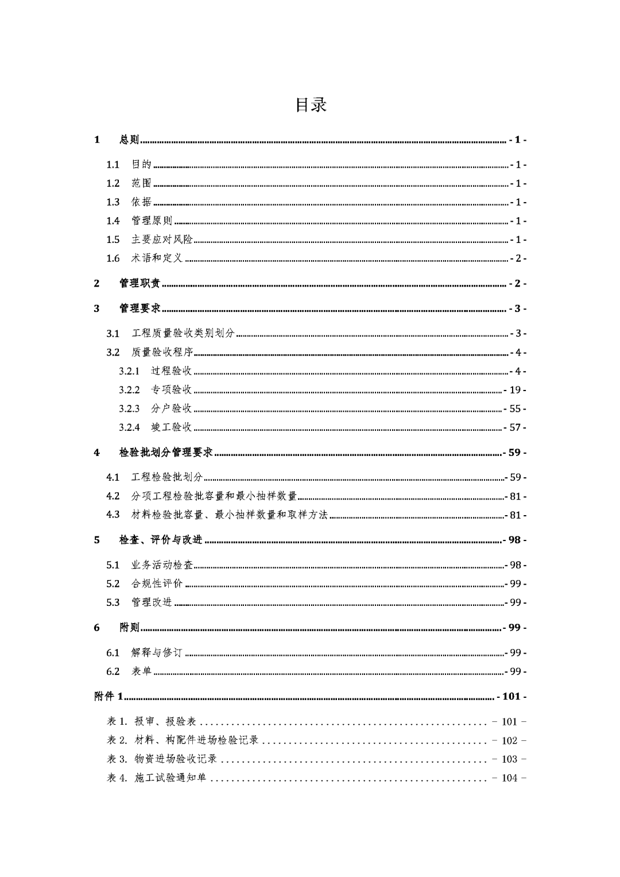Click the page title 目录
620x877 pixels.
pos(311,105)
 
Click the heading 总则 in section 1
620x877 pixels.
pos(129,140)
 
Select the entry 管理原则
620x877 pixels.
pos(152,221)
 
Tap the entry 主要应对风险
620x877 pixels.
pos(162,239)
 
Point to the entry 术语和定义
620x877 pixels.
pos(157,258)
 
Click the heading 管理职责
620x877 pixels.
pos(139,283)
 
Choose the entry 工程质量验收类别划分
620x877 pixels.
pos(183,334)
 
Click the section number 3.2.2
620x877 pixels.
pos(129,390)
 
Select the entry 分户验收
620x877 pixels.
pos(171,409)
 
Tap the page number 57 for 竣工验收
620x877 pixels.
pos(514,428)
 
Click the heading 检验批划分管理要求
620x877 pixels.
pos(166,453)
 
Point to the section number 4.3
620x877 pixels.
pos(113,515)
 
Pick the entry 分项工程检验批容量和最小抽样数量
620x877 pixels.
pos(214,496)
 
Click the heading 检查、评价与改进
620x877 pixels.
pos(161,540)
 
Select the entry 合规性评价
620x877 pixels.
pos(157,584)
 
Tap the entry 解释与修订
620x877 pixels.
pos(157,653)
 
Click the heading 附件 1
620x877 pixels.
pos(108,697)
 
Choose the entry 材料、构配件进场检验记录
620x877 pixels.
pos(196,741)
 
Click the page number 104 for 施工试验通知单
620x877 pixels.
pos(510,778)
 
